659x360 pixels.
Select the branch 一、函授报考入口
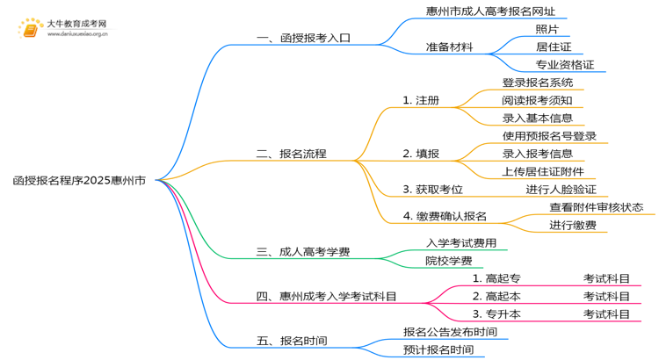tap(303, 39)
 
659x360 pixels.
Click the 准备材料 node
tap(450, 47)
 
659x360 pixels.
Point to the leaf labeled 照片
tap(547, 29)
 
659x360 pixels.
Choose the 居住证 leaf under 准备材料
tap(554, 47)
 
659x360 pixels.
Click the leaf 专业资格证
tap(565, 65)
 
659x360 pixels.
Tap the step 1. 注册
tap(421, 100)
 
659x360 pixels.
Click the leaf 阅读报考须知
tap(538, 100)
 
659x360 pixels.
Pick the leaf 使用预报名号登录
tap(549, 136)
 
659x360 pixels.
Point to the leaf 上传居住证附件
tap(543, 171)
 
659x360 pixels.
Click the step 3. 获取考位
tap(432, 189)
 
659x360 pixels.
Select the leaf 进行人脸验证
tap(561, 189)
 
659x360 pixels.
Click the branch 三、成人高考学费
tap(303, 252)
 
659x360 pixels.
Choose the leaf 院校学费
tap(448, 261)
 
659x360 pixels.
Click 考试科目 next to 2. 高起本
tap(606, 296)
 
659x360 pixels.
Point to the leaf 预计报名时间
tap(438, 349)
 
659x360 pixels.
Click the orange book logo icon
tap(29, 30)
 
